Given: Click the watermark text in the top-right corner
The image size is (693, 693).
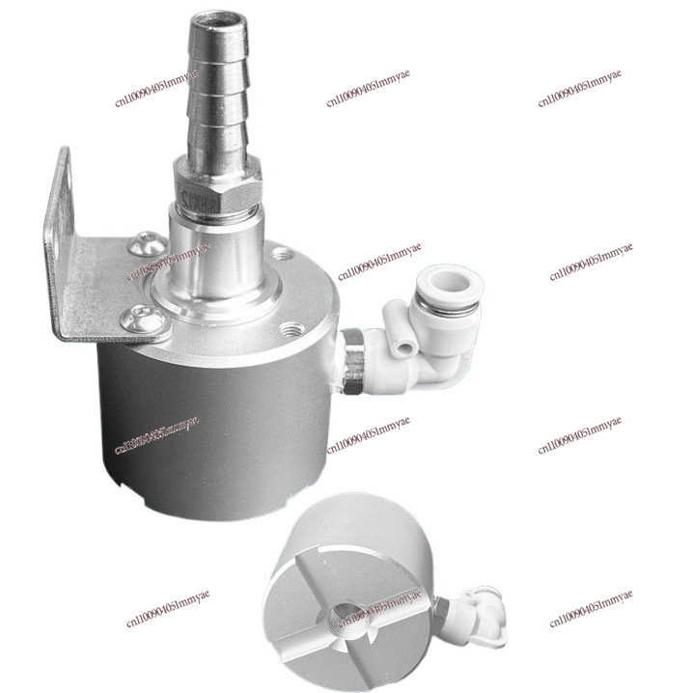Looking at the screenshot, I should pos(579,88).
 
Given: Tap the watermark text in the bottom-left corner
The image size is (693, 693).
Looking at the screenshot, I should pos(167,609).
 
